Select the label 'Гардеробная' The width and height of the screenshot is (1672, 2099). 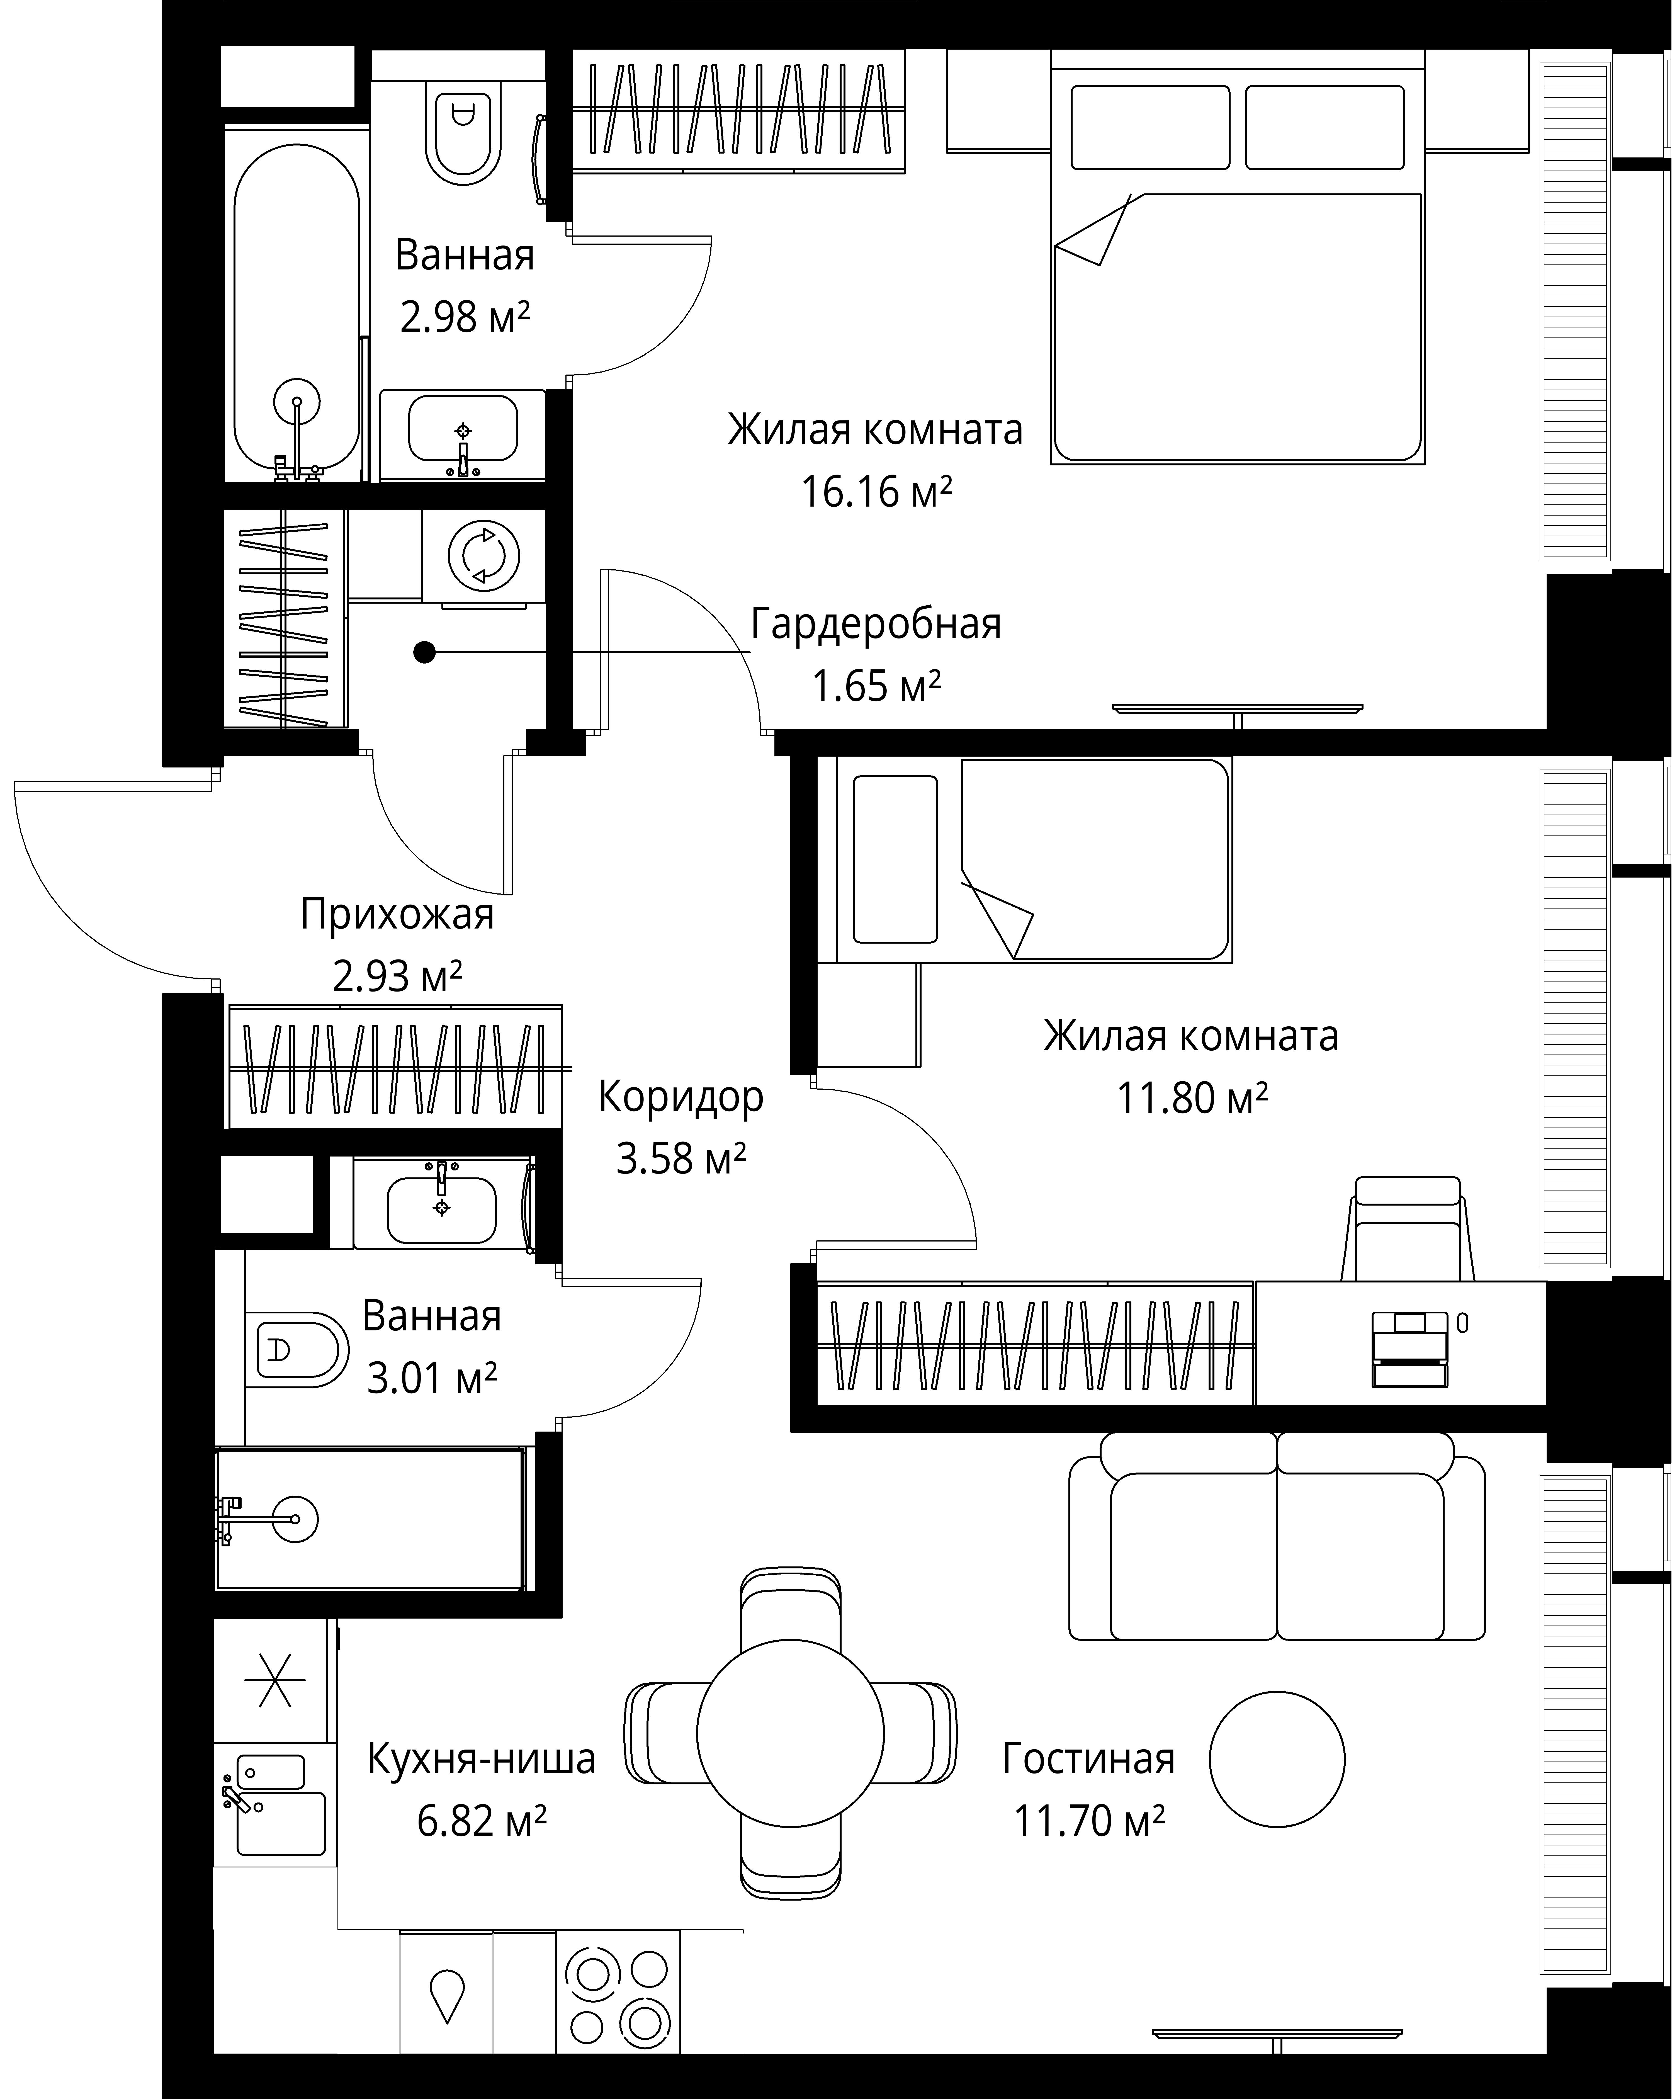point(876,624)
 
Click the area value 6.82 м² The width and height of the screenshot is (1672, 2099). point(482,1819)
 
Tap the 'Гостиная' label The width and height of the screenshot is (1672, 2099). point(1089,1758)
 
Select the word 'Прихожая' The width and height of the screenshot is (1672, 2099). point(397,915)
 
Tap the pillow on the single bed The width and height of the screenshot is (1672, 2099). point(895,860)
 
